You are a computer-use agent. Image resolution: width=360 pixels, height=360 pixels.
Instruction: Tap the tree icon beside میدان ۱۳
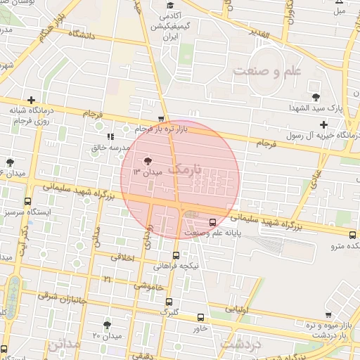(146, 161)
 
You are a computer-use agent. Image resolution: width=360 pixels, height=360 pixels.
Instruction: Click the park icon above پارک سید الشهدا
(314, 97)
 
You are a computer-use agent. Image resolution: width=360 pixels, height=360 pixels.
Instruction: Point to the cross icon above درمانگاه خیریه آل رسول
(323, 124)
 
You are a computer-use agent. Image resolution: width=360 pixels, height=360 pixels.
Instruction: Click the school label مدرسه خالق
(107, 148)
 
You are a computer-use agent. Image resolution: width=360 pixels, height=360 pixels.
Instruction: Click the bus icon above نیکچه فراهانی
(176, 256)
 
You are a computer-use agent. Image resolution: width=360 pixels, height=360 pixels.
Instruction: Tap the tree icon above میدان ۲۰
(106, 325)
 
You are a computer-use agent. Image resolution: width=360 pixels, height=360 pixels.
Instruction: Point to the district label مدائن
(65, 346)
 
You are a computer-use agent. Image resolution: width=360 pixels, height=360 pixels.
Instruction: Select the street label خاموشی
(149, 286)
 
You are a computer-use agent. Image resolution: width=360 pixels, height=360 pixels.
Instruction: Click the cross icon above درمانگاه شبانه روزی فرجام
(31, 100)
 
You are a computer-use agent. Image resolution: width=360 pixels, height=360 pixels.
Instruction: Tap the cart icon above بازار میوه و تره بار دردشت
(328, 314)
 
